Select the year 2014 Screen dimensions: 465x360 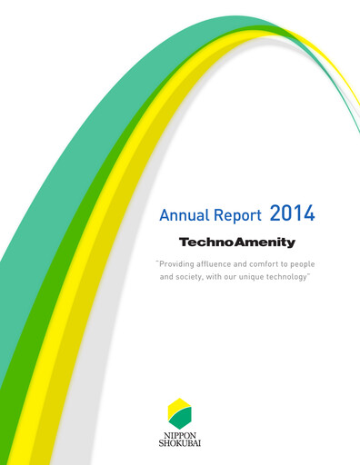click(293, 214)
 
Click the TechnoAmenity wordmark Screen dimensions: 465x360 click(236, 242)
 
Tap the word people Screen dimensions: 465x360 click(322, 263)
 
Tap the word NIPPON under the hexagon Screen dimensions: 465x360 click(180, 433)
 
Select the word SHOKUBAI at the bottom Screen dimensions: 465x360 click(180, 443)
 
